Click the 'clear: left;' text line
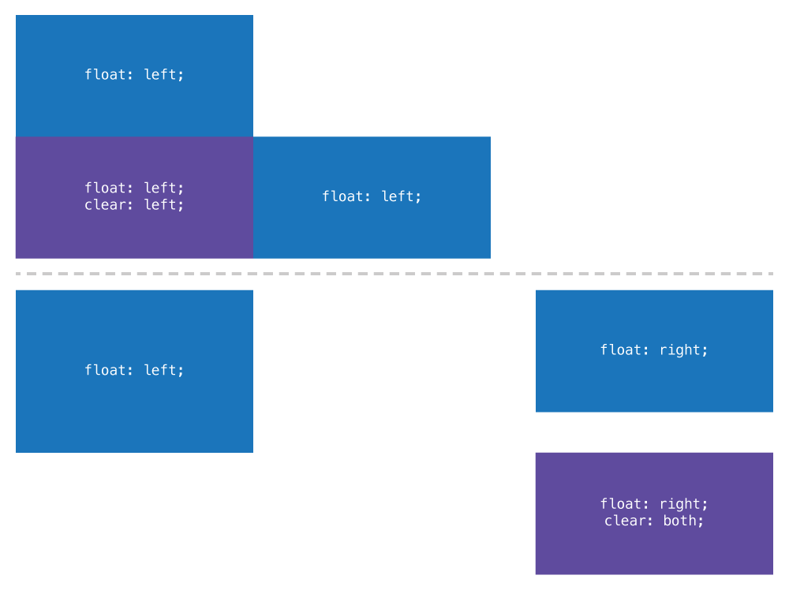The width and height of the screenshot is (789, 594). tap(134, 205)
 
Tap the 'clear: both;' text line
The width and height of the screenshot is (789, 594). tap(654, 521)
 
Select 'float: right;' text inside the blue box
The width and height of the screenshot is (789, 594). tap(654, 350)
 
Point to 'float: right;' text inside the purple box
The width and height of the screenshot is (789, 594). tap(654, 504)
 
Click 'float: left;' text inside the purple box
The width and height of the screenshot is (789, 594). tap(134, 189)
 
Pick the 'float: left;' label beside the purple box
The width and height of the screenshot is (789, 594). tap(372, 196)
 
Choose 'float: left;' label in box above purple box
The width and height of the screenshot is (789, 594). tap(134, 75)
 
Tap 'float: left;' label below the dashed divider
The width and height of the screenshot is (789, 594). tap(134, 370)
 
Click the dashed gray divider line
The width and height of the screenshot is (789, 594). tap(394, 274)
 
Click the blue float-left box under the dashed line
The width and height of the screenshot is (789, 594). tap(134, 410)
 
